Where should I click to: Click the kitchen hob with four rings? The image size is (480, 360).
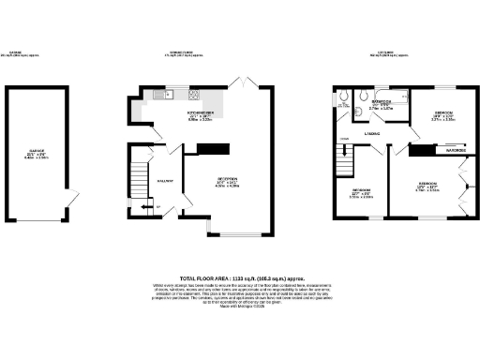(x=194, y=94)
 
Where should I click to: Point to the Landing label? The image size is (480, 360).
(x=372, y=134)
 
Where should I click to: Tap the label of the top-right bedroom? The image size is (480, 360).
(x=442, y=115)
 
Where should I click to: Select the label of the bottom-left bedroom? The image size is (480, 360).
(x=362, y=193)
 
